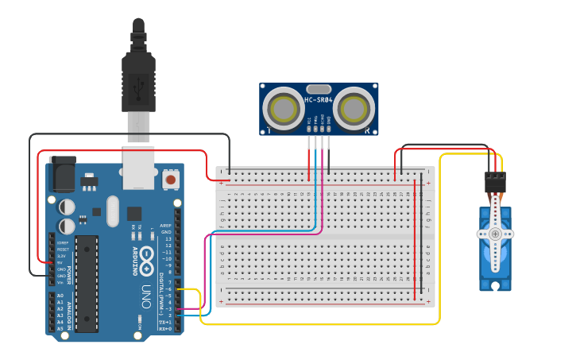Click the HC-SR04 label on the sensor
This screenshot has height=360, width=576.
pos(318,100)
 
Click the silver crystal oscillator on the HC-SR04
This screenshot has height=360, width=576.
pos(318,88)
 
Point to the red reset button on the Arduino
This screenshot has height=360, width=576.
pos(170,180)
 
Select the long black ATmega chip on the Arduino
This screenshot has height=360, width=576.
pos(87,282)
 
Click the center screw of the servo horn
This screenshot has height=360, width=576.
pos(495,234)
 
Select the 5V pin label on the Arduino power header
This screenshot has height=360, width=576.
pos(61,262)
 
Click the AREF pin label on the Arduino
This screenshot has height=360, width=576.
pos(166,226)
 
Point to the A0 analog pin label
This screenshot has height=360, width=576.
pos(61,296)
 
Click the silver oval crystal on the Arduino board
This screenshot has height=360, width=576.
pos(111,211)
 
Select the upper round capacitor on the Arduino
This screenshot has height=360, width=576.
pos(68,206)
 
